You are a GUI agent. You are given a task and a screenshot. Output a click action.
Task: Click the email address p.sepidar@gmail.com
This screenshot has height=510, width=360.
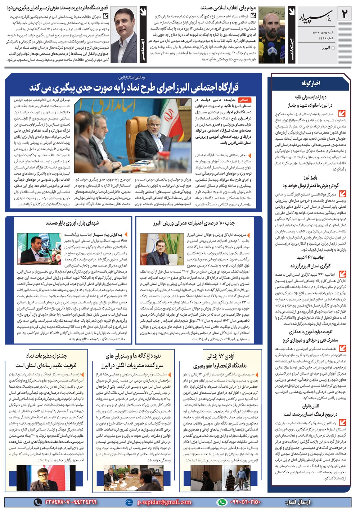[164, 502]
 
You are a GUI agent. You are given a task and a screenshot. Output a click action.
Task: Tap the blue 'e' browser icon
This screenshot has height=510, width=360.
[129, 502]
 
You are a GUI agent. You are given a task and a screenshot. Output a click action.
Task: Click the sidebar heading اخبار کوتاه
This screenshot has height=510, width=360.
[311, 83]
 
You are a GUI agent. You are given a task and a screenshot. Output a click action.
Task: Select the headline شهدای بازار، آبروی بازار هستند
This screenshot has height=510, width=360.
[72, 223]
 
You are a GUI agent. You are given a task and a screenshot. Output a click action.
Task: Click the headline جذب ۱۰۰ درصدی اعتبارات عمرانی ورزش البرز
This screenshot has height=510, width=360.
[194, 223]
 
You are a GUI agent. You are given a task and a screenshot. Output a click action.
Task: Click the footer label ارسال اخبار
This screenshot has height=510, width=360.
[297, 502]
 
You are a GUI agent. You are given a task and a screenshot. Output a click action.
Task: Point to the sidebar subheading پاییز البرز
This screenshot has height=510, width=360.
[310, 177]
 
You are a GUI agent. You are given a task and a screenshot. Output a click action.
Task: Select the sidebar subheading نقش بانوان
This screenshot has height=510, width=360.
[311, 406]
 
